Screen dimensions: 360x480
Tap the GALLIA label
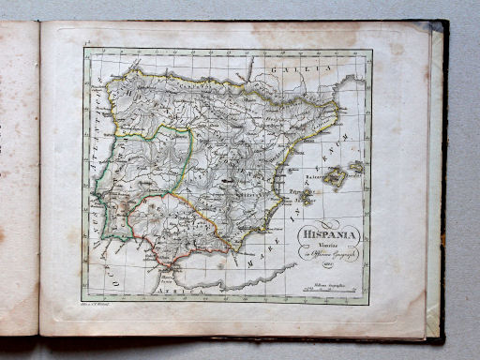pos(292,69)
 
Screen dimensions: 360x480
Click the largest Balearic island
pos(335,178)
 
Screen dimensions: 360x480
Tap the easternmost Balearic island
pos(356,167)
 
